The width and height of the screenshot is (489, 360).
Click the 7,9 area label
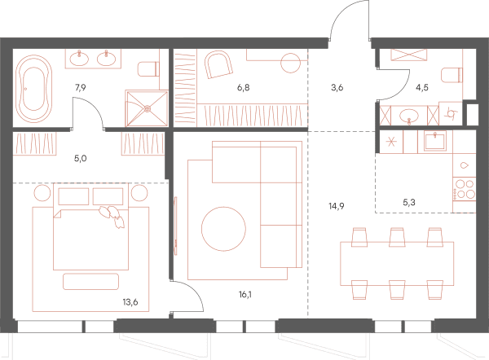tap(80, 88)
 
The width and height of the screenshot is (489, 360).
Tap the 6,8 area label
tap(243, 88)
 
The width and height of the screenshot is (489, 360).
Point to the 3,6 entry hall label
tap(337, 88)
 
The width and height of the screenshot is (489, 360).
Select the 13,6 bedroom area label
tap(130, 302)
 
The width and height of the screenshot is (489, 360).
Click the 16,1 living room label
tap(245, 294)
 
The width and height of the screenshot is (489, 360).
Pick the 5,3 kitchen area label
tap(409, 203)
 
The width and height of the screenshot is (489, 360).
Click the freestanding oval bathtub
tap(33, 89)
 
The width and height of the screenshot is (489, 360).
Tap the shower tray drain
tap(148, 109)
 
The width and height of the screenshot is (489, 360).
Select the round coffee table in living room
tap(223, 229)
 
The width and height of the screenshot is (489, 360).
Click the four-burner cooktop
tap(465, 189)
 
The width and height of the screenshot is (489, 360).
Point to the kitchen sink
tap(434, 140)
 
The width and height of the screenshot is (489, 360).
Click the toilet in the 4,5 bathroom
tap(452, 75)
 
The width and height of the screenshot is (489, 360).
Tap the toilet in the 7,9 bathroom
tap(148, 69)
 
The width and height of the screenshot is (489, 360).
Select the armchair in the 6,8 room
tap(218, 64)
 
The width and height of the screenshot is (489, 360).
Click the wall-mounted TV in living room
tap(175, 226)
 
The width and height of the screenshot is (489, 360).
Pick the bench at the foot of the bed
tap(90, 282)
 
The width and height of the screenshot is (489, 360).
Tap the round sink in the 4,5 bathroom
tap(409, 116)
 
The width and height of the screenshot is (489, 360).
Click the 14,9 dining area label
tap(336, 206)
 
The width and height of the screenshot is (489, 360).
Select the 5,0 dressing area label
tap(80, 158)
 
